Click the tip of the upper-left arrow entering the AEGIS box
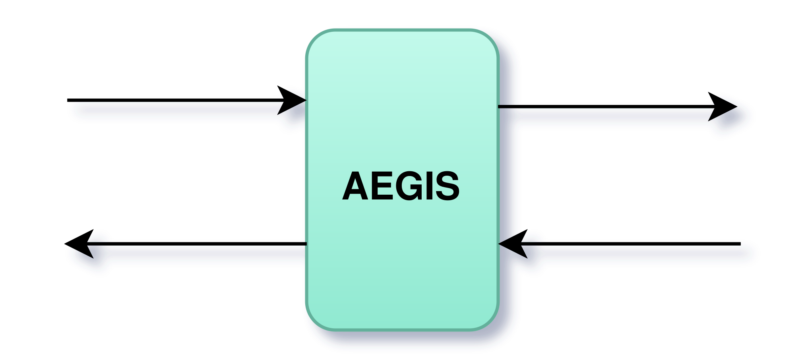coord(306,100)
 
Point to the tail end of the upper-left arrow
coord(67,100)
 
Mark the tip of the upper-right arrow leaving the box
coord(737,106)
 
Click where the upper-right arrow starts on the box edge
coord(498,106)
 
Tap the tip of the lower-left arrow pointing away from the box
coord(64,244)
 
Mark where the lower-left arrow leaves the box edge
coord(306,244)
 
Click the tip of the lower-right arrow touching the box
coord(498,244)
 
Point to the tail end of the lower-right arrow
coord(740,244)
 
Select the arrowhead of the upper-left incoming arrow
coord(292,100)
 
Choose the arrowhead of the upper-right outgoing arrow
coord(723,106)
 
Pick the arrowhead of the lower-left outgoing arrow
coord(79,244)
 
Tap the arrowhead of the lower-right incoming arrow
coord(513,244)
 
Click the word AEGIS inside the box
coord(401,186)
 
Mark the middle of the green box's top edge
coord(402,30)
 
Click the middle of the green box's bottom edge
coord(402,329)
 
